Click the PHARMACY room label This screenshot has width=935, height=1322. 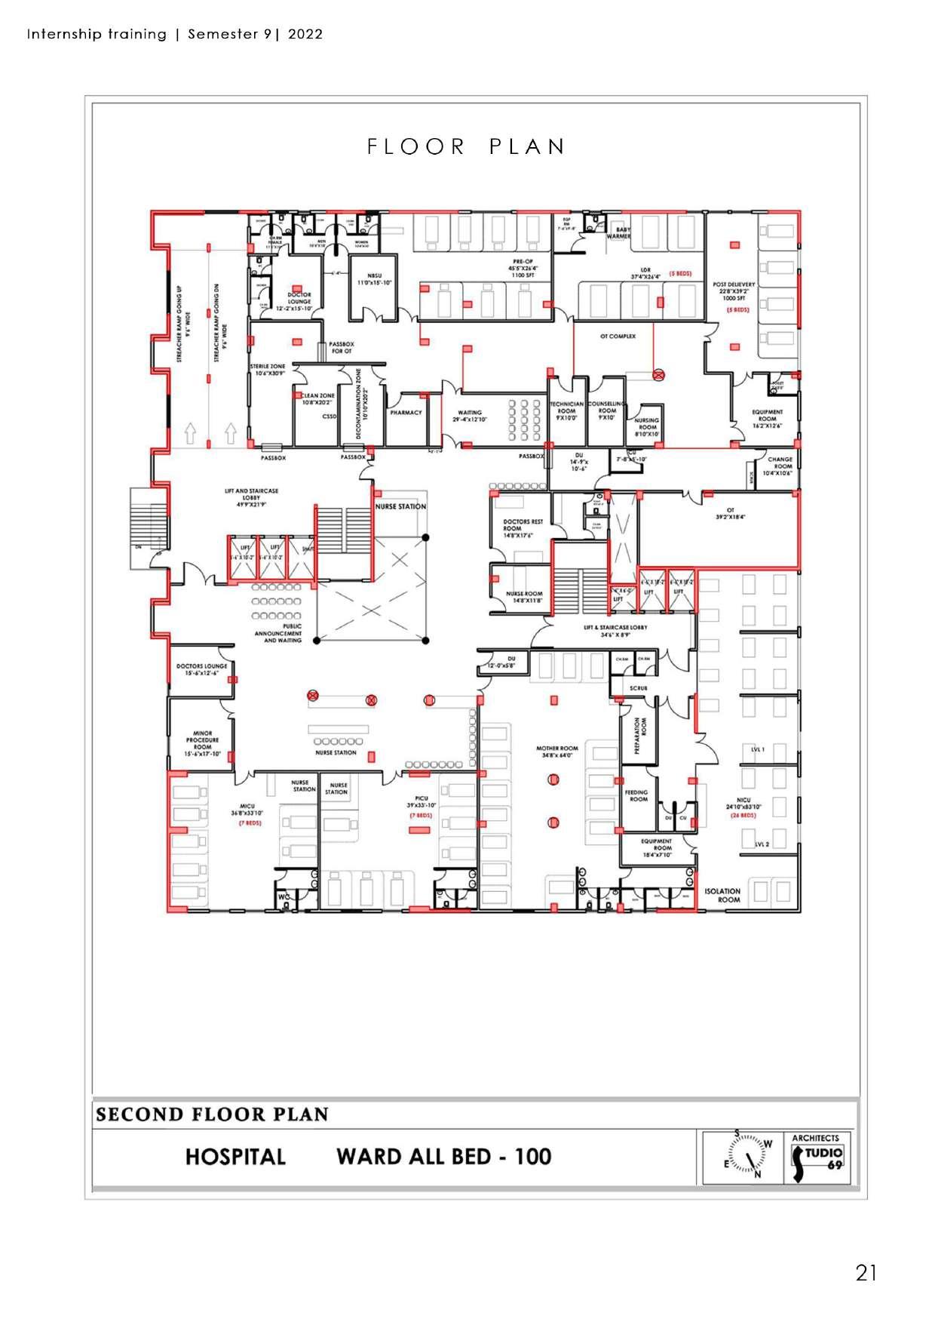pos(406,413)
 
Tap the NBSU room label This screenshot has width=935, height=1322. pos(375,279)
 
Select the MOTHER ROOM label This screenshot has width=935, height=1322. pos(557,752)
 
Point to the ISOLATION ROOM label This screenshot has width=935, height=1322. pos(722,895)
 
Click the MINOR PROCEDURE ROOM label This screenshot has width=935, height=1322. pos(202,743)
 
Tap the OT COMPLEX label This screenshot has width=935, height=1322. pos(618,337)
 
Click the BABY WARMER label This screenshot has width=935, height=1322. pos(622,232)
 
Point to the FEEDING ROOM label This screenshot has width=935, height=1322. pos(636,796)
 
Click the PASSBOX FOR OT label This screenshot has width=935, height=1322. pos(342,348)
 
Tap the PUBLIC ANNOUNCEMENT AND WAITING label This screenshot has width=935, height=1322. pos(279,633)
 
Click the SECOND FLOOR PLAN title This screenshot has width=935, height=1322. pos(212,1114)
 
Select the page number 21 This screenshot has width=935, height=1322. pos(866,1273)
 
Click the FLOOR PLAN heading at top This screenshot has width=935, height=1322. pos(466,146)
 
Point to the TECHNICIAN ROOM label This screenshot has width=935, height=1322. pos(566,410)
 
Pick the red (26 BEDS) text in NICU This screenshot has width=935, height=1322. pos(743,815)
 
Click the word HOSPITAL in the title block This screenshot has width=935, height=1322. pos(235,1157)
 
